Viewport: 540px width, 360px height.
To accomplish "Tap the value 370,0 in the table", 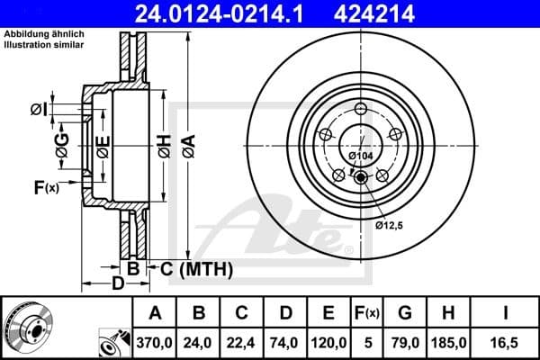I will (x=155, y=342).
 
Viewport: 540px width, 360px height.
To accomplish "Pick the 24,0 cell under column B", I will (x=199, y=342).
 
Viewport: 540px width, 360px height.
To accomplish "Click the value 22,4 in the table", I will (x=242, y=342).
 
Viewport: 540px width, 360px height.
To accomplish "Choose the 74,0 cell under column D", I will (x=285, y=342).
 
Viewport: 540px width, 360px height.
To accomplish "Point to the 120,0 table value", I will (x=328, y=342).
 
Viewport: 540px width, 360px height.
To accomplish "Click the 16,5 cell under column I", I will (x=508, y=342).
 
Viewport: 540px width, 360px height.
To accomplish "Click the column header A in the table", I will (x=155, y=313).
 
